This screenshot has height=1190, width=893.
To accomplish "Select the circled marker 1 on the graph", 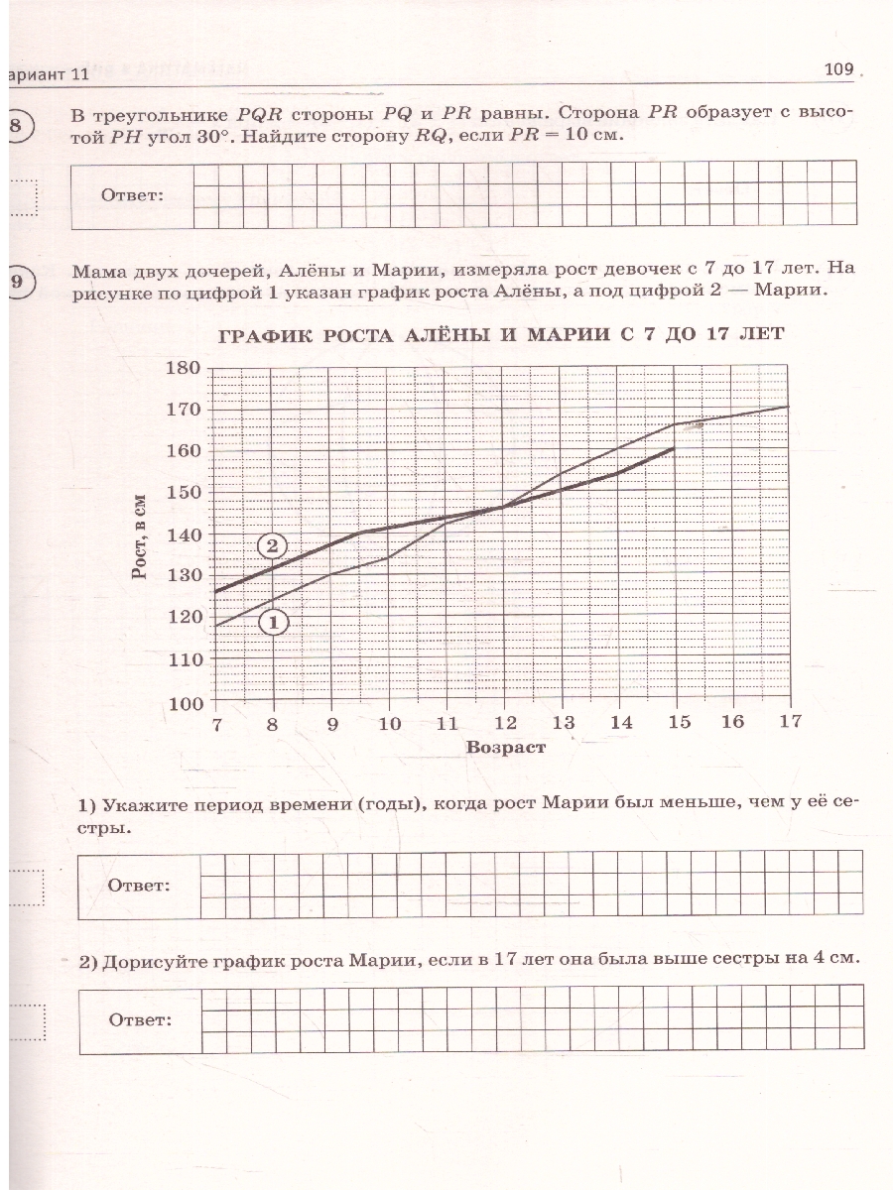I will (272, 622).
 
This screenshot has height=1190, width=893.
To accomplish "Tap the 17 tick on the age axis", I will (790, 722).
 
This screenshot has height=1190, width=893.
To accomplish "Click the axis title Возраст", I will (506, 748).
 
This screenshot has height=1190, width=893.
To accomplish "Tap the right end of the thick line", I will (675, 448).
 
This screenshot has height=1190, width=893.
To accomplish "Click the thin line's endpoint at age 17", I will (789, 406).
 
